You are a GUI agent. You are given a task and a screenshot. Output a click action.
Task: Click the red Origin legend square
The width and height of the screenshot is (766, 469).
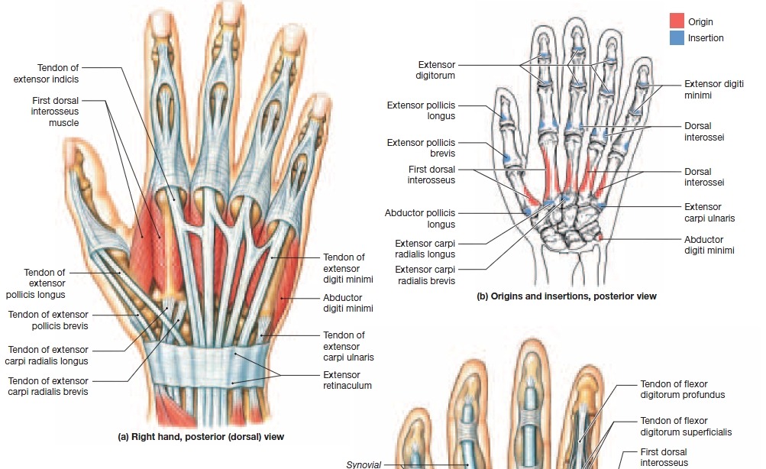click(x=677, y=21)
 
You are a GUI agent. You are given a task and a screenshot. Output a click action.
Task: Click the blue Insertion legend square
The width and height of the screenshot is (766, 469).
click(x=677, y=37)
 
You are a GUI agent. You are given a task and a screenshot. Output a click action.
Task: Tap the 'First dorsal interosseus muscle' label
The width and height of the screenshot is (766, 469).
click(x=54, y=111)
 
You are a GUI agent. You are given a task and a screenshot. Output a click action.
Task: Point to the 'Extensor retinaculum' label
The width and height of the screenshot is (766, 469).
click(x=347, y=380)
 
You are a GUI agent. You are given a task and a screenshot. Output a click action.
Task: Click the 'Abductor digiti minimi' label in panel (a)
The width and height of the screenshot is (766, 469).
click(x=347, y=303)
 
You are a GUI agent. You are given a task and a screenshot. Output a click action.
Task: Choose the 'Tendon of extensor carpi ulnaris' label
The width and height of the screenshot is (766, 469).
click(x=344, y=346)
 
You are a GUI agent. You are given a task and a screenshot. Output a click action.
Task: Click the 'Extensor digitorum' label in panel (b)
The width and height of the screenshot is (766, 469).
click(x=436, y=70)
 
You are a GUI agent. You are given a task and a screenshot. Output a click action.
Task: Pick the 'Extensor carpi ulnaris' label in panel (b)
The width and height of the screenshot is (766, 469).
click(x=709, y=212)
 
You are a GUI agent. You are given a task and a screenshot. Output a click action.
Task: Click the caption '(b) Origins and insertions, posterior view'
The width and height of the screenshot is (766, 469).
click(x=566, y=296)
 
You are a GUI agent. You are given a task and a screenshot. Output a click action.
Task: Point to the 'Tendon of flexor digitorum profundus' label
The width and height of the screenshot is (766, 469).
click(x=682, y=390)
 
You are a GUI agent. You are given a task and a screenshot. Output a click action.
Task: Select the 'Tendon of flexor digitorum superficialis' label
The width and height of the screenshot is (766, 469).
click(x=685, y=426)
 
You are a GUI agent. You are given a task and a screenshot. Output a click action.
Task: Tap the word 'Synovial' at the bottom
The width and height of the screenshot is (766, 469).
click(x=363, y=463)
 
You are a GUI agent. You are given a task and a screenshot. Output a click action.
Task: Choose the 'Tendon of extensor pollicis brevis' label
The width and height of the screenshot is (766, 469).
click(x=48, y=320)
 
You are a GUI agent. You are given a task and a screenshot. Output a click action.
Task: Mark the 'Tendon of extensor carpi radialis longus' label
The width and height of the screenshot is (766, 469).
click(x=48, y=355)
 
